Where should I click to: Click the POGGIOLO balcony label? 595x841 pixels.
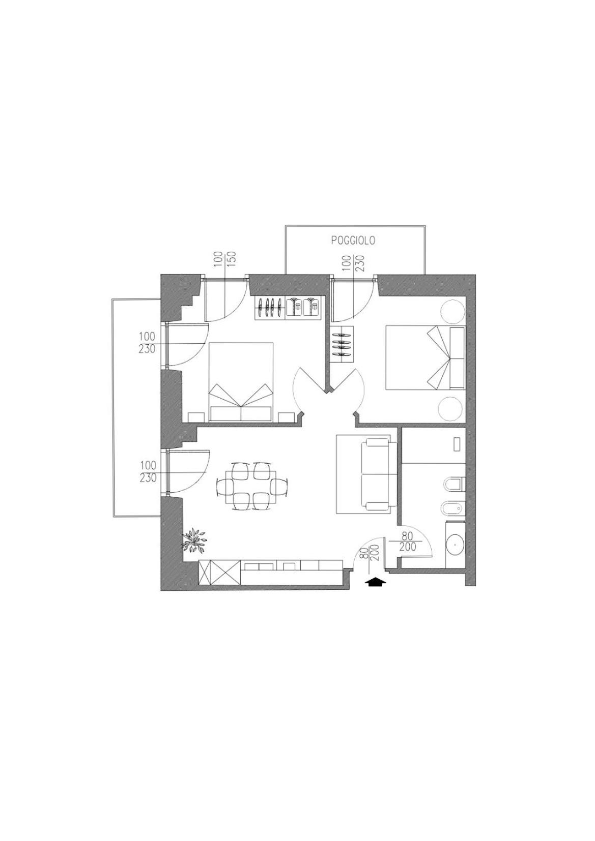click(x=353, y=241)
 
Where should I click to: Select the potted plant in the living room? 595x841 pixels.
click(x=195, y=540)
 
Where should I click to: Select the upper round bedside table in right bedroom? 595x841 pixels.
click(x=452, y=311)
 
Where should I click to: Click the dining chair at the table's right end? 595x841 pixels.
click(x=279, y=487)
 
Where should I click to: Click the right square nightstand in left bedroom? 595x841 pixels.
click(x=287, y=417)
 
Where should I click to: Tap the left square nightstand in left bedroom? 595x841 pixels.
click(x=196, y=417)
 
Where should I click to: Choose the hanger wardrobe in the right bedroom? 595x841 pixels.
click(x=342, y=344)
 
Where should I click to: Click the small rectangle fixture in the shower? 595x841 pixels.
click(x=457, y=444)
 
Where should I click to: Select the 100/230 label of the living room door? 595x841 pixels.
click(x=148, y=472)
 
